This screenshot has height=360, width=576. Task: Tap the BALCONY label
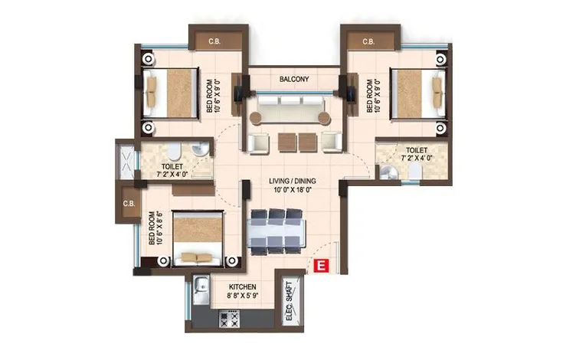point(294,79)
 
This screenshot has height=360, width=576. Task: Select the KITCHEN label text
point(243,286)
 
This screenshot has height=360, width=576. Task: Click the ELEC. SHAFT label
point(290,301)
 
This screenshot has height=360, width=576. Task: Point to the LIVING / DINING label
point(293,181)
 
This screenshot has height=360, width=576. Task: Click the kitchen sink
point(201,289)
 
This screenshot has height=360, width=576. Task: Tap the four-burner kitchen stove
point(229,318)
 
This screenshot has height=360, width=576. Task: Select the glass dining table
point(277,232)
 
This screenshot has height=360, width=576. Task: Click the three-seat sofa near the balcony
point(290,109)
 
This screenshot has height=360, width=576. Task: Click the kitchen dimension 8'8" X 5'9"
point(243,296)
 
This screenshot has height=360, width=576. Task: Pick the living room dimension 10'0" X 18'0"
point(293,190)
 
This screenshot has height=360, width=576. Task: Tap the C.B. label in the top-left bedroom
point(214,41)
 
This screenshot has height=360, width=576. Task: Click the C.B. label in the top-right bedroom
point(368,41)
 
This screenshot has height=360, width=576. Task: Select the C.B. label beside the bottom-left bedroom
point(129,204)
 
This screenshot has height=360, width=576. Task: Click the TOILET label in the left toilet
point(172,166)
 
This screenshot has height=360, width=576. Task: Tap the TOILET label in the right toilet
point(417,150)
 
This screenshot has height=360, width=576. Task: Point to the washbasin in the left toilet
point(200,149)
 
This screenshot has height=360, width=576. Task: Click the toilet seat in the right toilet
point(415,171)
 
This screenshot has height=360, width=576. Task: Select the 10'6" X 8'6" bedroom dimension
point(159,227)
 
